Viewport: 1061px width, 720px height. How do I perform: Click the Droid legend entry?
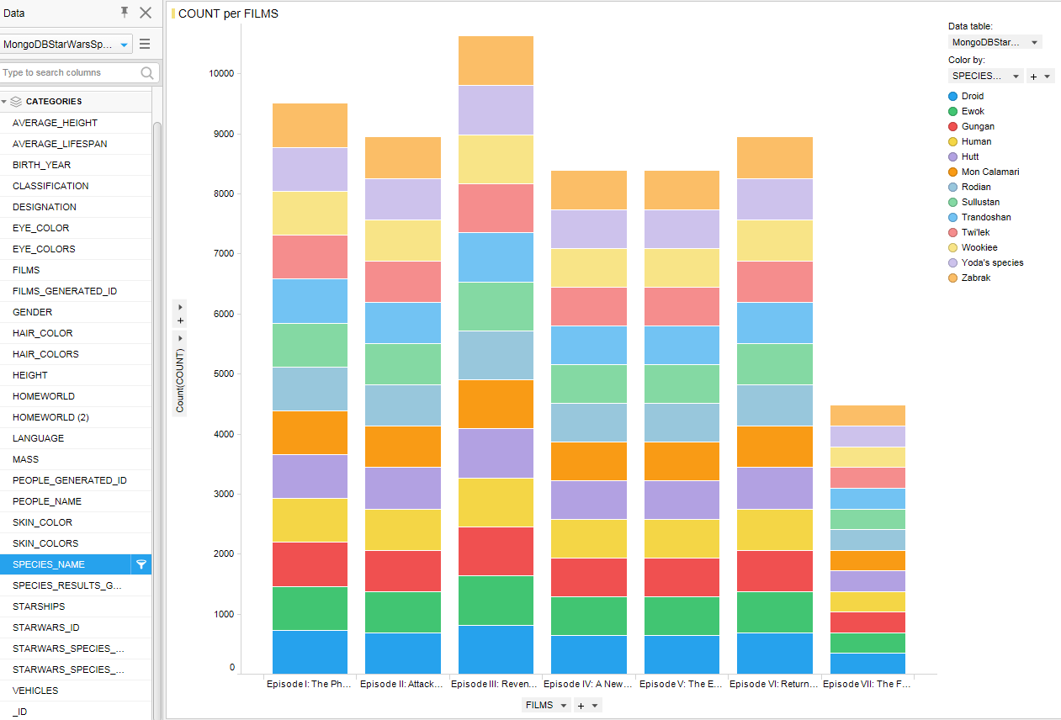coord(972,96)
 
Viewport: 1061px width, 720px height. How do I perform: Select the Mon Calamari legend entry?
coord(989,172)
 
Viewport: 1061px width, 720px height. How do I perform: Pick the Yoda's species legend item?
coord(992,262)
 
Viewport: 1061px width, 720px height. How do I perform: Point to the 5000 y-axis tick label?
coord(223,374)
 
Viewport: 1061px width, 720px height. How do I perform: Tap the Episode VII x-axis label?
coord(867,684)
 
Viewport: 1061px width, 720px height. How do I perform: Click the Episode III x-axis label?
coord(496,684)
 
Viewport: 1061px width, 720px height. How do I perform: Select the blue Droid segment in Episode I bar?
coord(310,651)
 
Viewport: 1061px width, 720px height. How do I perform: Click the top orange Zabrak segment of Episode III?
coord(496,61)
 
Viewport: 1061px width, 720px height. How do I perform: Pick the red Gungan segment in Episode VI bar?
coord(775,571)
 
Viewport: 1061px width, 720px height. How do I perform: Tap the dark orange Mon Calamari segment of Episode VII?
coord(867,560)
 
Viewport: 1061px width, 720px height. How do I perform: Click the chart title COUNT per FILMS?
coord(228,13)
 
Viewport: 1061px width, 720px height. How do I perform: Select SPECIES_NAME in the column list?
coord(49,564)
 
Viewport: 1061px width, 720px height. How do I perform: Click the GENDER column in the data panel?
coord(32,312)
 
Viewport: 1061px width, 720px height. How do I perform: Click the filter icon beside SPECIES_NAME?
coord(141,564)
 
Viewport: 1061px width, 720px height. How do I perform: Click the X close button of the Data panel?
coord(146,13)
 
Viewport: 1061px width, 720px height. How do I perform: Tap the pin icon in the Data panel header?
coord(125,12)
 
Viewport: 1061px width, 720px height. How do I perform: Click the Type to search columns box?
coord(69,72)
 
